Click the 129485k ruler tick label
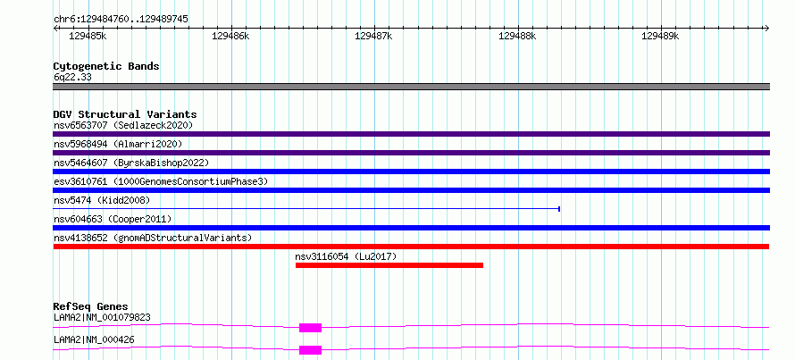pyautogui.click(x=88, y=36)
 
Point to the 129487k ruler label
pyautogui.click(x=373, y=36)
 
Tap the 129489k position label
pyautogui.click(x=660, y=36)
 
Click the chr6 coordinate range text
pyautogui.click(x=121, y=20)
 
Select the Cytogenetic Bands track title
pyautogui.click(x=106, y=66)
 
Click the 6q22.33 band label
pyautogui.click(x=72, y=78)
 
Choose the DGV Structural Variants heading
pyautogui.click(x=125, y=114)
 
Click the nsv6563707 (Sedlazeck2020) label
pyautogui.click(x=123, y=125)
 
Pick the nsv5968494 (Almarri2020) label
pyautogui.click(x=118, y=144)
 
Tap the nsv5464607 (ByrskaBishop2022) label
pyautogui.click(x=131, y=163)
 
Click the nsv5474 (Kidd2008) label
pyautogui.click(x=102, y=200)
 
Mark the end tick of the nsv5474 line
pyautogui.click(x=558, y=208)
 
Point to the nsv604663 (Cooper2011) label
pyautogui.click(x=113, y=219)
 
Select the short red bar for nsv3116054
pyautogui.click(x=389, y=265)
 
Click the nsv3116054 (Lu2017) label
pyautogui.click(x=346, y=257)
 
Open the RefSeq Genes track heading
pyautogui.click(x=91, y=306)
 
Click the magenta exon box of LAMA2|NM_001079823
pyautogui.click(x=310, y=328)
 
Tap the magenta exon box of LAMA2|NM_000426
pyautogui.click(x=310, y=350)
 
